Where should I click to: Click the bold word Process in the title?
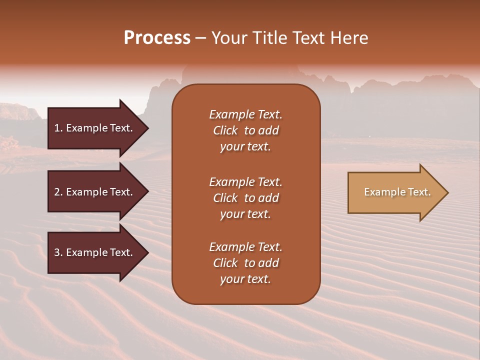157,38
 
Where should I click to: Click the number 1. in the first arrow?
58,128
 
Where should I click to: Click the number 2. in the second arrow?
58,192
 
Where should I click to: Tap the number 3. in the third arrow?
58,252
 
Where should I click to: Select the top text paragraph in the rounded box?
245,130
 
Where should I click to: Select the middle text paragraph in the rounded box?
245,198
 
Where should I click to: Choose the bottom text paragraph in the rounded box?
245,263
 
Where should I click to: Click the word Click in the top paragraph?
225,130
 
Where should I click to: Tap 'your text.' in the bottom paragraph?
245,279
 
